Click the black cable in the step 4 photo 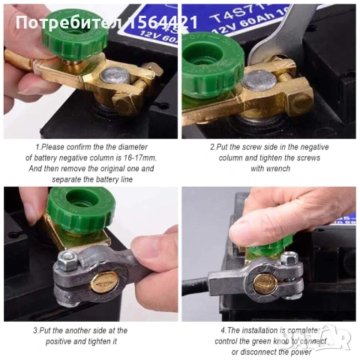point(196,286)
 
